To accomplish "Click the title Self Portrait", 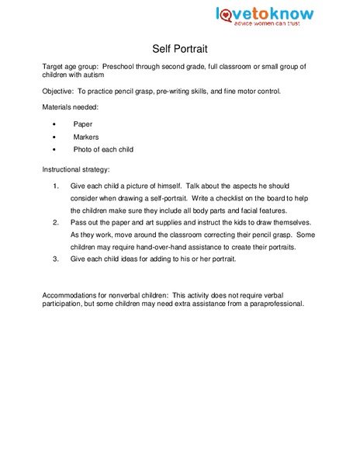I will coord(179,47).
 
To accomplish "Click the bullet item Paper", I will coord(82,123).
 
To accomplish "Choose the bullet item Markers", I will coord(86,136).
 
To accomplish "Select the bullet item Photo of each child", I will coord(103,149).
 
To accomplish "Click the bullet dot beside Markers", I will coord(52,137).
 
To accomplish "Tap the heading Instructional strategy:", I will coord(76,169).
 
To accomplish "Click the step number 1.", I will coord(55,186).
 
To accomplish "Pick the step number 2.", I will coord(55,222).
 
